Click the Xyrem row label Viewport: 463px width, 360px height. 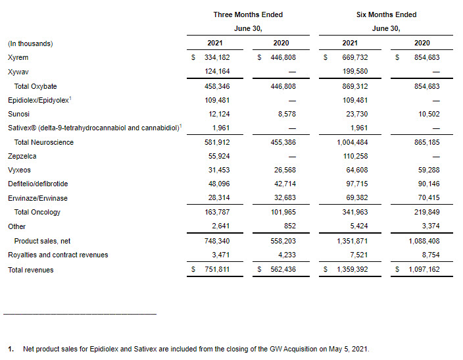(x=18, y=57)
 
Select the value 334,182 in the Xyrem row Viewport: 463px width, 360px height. (x=228, y=57)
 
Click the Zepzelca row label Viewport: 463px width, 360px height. (x=23, y=156)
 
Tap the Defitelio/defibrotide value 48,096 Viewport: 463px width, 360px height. (x=231, y=184)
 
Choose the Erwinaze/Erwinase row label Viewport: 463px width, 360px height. (x=37, y=198)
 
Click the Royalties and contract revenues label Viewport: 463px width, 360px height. (x=58, y=255)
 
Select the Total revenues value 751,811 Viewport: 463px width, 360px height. (x=228, y=269)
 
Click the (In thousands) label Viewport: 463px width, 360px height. (x=30, y=43)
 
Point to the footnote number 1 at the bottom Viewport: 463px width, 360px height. (x=11, y=349)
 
